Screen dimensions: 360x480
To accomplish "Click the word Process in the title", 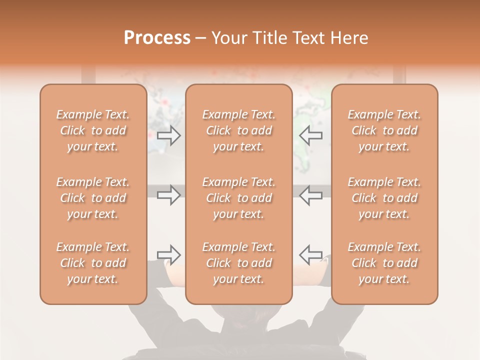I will click(157, 38).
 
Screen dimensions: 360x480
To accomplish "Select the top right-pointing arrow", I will click(169, 135).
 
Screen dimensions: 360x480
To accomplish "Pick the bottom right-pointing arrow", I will click(169, 255).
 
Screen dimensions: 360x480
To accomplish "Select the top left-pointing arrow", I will click(311, 135).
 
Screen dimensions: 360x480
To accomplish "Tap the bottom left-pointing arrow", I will click(311, 255).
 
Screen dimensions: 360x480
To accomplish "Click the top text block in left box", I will click(93, 130).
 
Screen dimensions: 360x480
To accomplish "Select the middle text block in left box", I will click(93, 198).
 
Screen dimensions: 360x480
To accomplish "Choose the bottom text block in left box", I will click(93, 263).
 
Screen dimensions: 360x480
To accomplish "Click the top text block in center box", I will click(239, 130).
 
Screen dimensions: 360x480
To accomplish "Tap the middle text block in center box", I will click(239, 198).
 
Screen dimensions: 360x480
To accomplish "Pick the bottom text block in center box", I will click(239, 263).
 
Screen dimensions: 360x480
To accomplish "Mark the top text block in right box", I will click(384, 130).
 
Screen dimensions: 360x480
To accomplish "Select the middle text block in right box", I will click(384, 198).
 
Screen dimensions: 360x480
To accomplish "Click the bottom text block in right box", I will click(384, 263).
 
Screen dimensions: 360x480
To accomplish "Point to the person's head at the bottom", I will click(239, 330).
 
